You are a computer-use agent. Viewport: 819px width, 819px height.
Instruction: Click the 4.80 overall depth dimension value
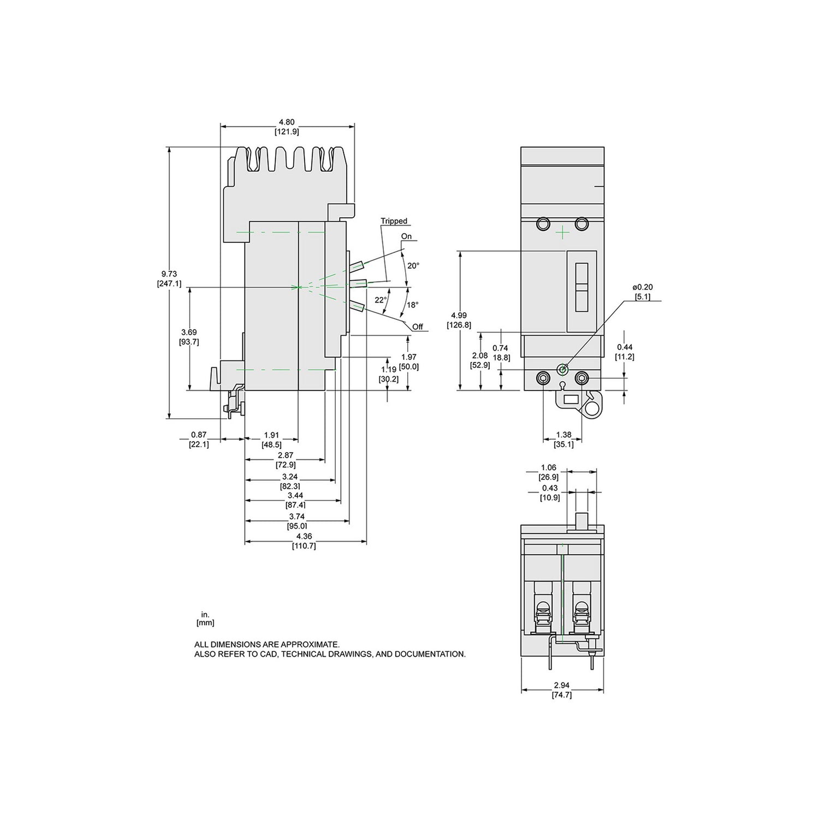[x=287, y=122]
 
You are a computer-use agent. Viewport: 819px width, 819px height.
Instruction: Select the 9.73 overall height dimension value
[x=169, y=274]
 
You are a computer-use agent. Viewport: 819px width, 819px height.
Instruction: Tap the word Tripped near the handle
[x=394, y=221]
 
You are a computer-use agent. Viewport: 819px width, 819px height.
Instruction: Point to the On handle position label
[x=407, y=236]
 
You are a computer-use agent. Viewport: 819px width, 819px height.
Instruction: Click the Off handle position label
[x=418, y=327]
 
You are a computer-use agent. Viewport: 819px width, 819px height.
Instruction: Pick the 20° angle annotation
[x=414, y=266]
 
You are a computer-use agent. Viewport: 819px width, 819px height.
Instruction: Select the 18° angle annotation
[x=412, y=305]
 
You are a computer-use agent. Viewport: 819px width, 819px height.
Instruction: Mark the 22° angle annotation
[x=380, y=300]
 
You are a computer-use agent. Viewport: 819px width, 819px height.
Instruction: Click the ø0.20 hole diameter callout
[x=643, y=287]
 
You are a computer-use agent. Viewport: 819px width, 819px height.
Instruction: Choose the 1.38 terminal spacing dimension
[x=563, y=435]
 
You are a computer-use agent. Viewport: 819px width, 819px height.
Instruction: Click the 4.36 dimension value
[x=305, y=537]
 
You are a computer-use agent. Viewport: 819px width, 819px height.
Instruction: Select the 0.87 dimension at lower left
[x=199, y=435]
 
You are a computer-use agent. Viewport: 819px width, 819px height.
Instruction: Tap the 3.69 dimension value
[x=188, y=332]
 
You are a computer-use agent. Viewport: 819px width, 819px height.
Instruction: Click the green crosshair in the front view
[x=562, y=233]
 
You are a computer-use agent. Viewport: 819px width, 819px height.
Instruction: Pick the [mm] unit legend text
[x=205, y=622]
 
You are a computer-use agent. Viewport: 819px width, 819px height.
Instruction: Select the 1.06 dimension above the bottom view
[x=548, y=468]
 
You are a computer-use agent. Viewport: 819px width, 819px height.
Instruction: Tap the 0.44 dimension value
[x=625, y=347]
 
